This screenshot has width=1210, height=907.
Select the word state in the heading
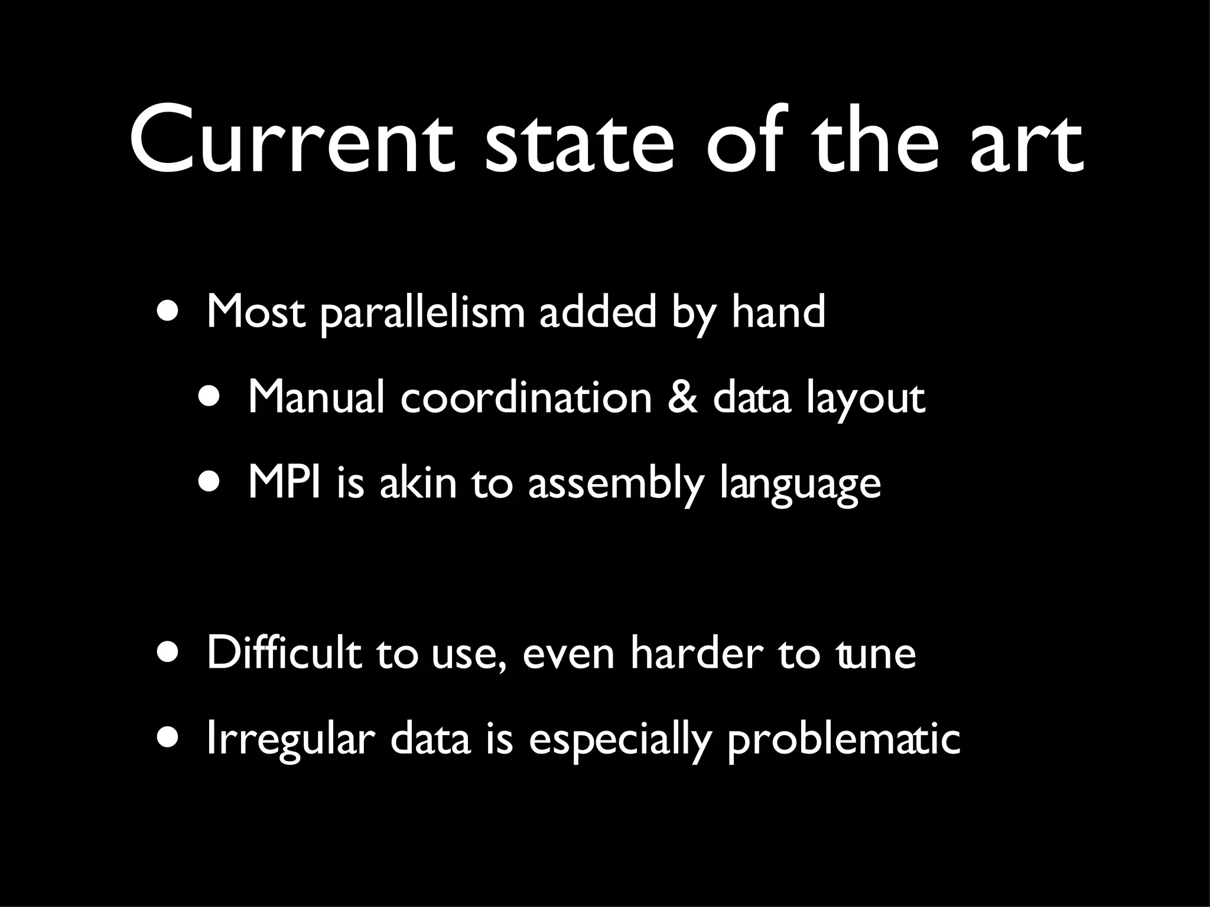(x=578, y=142)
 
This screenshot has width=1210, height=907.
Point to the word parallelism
(x=422, y=313)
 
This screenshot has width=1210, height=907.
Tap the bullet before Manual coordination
(x=211, y=397)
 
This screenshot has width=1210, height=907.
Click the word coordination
(x=526, y=397)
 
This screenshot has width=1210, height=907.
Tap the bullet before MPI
(x=211, y=483)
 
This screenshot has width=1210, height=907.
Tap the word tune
(x=876, y=654)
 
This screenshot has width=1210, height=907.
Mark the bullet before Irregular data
(x=170, y=739)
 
